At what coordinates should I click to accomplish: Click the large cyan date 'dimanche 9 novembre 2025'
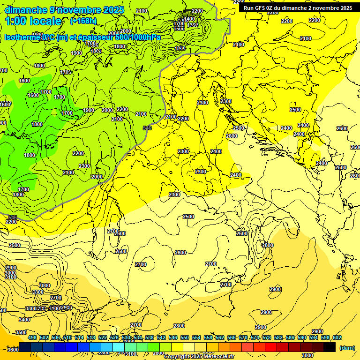64,10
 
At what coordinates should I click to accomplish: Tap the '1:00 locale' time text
33,21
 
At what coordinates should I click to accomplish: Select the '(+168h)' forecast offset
85,21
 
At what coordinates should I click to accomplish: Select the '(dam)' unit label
347,347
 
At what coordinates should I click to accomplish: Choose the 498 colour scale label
32,337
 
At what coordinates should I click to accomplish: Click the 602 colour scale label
337,337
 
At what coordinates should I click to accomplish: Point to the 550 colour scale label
185,337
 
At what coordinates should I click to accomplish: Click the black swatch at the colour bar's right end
330,347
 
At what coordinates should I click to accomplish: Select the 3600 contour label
13,349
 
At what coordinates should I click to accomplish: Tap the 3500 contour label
21,332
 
